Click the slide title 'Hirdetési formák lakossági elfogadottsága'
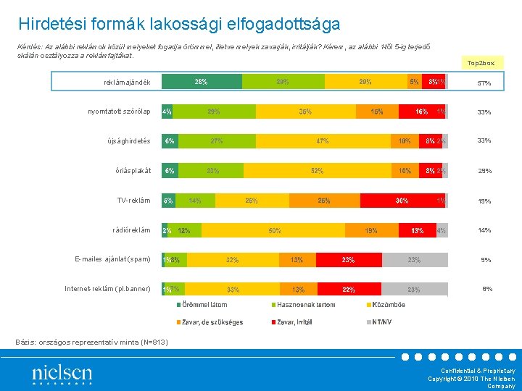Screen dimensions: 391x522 pyautogui.click(x=179, y=25)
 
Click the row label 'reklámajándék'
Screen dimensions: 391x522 pyautogui.click(x=127, y=83)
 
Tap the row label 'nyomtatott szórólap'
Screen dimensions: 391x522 pyautogui.click(x=119, y=112)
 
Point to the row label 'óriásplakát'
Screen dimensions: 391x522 pyautogui.click(x=133, y=171)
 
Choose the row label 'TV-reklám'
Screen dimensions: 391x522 pyautogui.click(x=134, y=201)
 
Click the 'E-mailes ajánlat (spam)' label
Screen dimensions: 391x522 pyautogui.click(x=112, y=259)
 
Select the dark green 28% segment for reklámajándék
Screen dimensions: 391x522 pyautogui.click(x=202, y=82)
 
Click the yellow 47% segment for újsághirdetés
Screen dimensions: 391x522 pyautogui.click(x=322, y=141)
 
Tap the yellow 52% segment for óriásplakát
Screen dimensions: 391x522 pyautogui.click(x=317, y=171)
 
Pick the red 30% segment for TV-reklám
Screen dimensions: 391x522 pyautogui.click(x=402, y=201)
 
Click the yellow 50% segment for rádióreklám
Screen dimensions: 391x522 pyautogui.click(x=275, y=230)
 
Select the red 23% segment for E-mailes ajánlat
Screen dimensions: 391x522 pyautogui.click(x=349, y=259)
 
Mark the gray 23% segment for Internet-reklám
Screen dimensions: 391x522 pyautogui.click(x=414, y=289)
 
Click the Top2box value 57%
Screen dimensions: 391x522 pyautogui.click(x=484, y=84)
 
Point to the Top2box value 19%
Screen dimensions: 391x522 pyautogui.click(x=484, y=201)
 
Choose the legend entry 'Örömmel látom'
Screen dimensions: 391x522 pyautogui.click(x=204, y=305)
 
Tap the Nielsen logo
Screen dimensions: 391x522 pyautogui.click(x=62, y=374)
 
